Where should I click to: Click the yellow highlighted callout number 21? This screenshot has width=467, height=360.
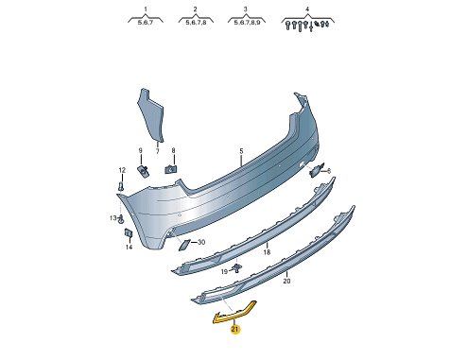tap(235, 330)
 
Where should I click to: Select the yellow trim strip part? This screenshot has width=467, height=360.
tap(233, 314)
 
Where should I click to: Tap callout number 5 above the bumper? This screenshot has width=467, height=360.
tap(241, 151)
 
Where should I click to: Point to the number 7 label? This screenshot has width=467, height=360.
tap(158, 151)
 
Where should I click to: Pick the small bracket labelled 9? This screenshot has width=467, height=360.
tap(143, 171)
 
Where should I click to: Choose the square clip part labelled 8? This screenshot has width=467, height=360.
tap(170, 169)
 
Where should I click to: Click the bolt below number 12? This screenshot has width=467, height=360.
tap(122, 186)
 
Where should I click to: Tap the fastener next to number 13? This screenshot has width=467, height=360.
tap(121, 219)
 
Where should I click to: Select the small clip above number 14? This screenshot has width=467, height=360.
tap(129, 233)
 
